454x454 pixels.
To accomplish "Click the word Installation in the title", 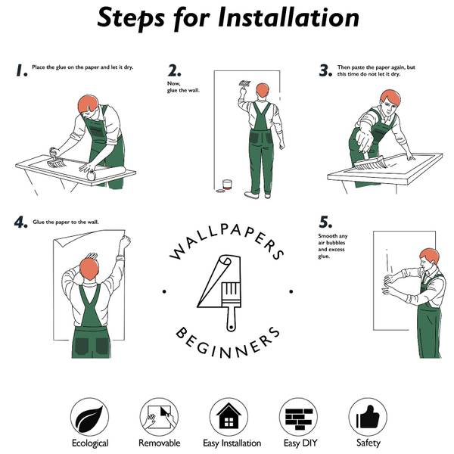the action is point(288,17).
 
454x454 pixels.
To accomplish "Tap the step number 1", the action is point(21,70).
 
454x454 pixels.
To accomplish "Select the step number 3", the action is point(325,70).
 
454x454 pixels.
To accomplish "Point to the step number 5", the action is point(325,222).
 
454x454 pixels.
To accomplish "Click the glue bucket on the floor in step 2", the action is point(227,185).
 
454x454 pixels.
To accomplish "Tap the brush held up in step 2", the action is point(245,84).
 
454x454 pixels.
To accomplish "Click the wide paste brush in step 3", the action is point(370,163).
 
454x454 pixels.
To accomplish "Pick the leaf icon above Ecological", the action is point(89,417).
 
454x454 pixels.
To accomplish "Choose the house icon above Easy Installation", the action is point(229,417).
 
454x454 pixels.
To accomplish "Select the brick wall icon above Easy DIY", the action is point(299,417).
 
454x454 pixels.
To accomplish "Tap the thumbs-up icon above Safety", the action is point(368,417).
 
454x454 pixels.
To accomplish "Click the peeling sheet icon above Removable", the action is point(159,417).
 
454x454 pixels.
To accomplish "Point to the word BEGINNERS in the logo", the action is point(228,344).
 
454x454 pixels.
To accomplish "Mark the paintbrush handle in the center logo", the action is point(231,318).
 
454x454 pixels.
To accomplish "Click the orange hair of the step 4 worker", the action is point(89,269).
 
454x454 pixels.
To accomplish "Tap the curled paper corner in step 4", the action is point(61,240).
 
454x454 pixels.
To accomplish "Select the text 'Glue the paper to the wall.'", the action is point(66,222).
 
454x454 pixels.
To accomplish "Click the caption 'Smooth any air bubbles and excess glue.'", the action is point(332,246).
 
